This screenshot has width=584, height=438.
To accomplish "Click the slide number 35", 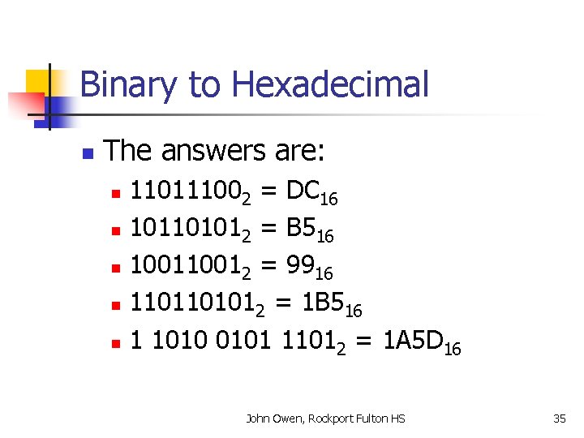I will (x=559, y=419).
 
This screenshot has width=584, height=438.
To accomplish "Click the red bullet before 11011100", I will (x=115, y=195).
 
